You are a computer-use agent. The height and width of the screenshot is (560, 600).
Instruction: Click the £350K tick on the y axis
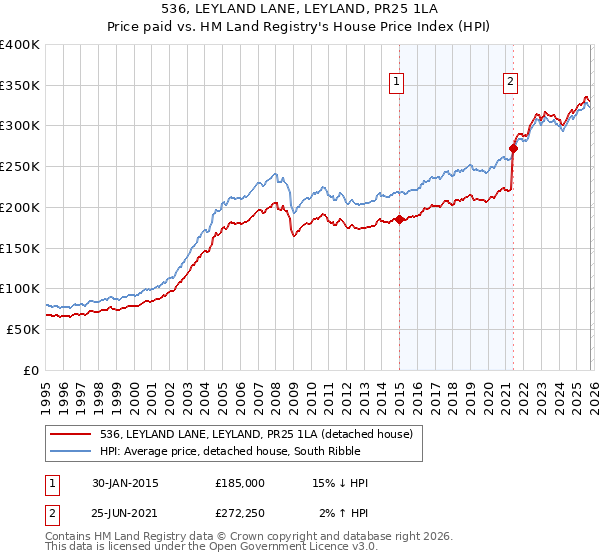[20, 85]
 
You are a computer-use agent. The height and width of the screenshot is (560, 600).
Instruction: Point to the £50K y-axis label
[23, 329]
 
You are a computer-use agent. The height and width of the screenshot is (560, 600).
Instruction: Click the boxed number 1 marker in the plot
[397, 83]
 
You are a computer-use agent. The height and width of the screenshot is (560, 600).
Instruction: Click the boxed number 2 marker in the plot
[510, 83]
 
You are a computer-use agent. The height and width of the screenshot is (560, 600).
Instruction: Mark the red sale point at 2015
[399, 219]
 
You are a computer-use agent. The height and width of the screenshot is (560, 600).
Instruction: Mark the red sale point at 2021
[513, 148]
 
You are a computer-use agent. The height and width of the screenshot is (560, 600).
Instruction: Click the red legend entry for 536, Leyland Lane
[249, 433]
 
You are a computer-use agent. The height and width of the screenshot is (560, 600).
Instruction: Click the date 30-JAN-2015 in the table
[122, 483]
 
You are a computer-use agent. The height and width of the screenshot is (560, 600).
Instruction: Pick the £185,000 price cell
[240, 483]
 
